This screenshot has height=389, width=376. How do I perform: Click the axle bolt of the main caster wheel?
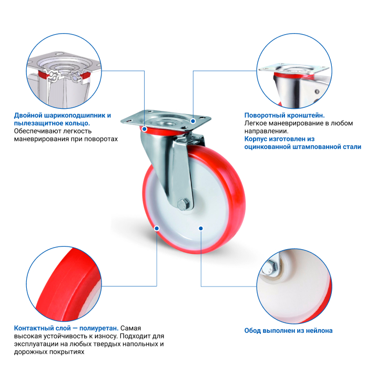pos(183,204)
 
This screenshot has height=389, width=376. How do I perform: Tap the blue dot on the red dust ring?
pos(145,129)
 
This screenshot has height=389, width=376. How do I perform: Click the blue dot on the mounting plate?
pos(193,121)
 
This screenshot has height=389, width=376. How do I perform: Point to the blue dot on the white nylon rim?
pos(201,228)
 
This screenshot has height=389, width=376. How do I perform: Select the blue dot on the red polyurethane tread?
pos(157,228)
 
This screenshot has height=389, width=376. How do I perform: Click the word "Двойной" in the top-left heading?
pos(28,115)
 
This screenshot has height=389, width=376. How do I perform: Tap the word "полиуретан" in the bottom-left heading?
pos(98,328)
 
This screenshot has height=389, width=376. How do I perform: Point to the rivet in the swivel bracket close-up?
pos(317,91)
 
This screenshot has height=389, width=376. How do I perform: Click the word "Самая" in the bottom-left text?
pos(130,328)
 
